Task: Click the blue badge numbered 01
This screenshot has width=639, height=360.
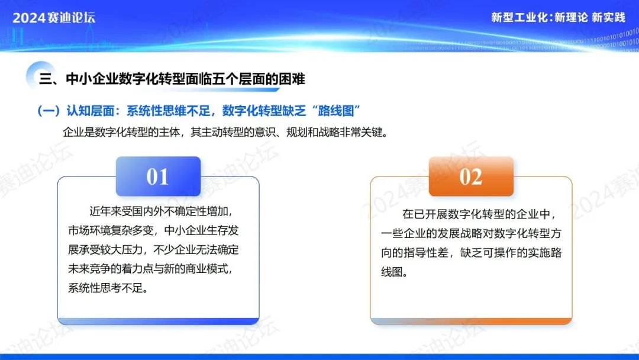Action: coord(158,176)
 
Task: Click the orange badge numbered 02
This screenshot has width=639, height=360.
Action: coord(471,176)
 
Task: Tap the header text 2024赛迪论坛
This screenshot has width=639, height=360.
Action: coord(54,18)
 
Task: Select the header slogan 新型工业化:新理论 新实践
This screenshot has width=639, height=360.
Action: coord(558,18)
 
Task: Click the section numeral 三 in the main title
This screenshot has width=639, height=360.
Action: coord(46,79)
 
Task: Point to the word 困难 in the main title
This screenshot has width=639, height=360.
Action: coord(292,79)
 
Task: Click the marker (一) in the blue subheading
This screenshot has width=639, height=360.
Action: coord(49,111)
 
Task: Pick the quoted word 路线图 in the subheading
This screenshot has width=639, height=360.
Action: coord(336,111)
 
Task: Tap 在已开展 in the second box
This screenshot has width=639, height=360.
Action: coord(424,214)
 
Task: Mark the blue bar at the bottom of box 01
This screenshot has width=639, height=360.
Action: coord(158,322)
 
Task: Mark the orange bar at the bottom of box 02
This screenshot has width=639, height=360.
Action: coord(471,322)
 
